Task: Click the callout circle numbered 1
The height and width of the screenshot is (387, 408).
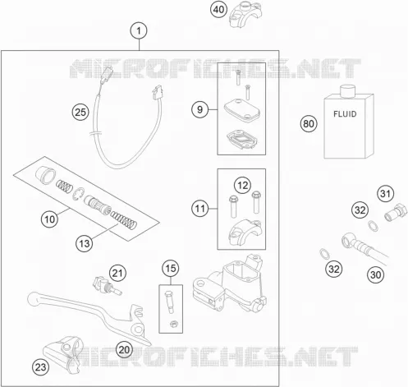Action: click(x=139, y=30)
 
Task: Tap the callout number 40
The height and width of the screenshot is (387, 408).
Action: click(x=218, y=10)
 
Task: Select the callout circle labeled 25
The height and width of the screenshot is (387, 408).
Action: click(x=80, y=113)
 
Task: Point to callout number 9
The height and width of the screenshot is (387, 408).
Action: click(x=200, y=109)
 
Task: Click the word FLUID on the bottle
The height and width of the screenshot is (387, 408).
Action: click(x=345, y=114)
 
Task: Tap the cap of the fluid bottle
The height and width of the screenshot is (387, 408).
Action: click(x=347, y=91)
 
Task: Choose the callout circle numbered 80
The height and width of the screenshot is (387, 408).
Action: click(x=309, y=123)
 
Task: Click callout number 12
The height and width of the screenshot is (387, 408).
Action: click(x=243, y=186)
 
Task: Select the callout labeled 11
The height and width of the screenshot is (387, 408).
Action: click(x=200, y=209)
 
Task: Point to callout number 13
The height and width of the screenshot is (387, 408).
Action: click(x=85, y=243)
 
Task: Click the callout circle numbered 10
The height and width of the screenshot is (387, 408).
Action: click(x=49, y=219)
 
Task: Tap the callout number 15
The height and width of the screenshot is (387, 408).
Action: click(x=171, y=268)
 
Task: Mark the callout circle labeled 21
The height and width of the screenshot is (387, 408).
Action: click(x=117, y=273)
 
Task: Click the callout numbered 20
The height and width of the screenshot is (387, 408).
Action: click(x=124, y=350)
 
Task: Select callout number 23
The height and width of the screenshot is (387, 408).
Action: click(x=41, y=367)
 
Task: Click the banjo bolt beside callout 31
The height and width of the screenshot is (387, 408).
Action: click(x=396, y=212)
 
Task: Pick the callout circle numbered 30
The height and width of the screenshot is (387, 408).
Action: click(x=375, y=274)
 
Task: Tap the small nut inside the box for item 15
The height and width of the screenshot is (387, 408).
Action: click(x=173, y=324)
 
